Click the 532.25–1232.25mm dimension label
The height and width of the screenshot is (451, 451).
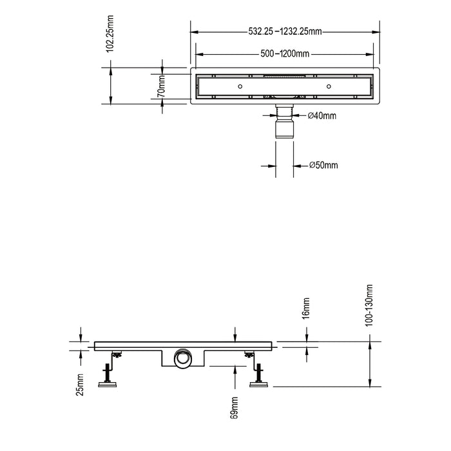(285, 30)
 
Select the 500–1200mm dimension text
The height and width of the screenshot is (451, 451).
(285, 55)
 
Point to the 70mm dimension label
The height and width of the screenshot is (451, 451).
(162, 84)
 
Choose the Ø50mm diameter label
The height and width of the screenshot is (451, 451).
(323, 166)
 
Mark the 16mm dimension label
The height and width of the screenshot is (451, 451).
(307, 309)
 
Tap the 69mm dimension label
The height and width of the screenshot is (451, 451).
(235, 407)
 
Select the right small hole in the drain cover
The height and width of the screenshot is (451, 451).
(329, 85)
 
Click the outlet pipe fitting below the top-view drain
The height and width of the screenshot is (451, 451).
(284, 126)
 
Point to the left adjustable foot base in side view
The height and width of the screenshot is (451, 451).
(108, 385)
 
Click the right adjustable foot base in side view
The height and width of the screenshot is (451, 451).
(260, 385)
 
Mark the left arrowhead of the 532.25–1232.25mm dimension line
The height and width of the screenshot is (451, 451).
(194, 30)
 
